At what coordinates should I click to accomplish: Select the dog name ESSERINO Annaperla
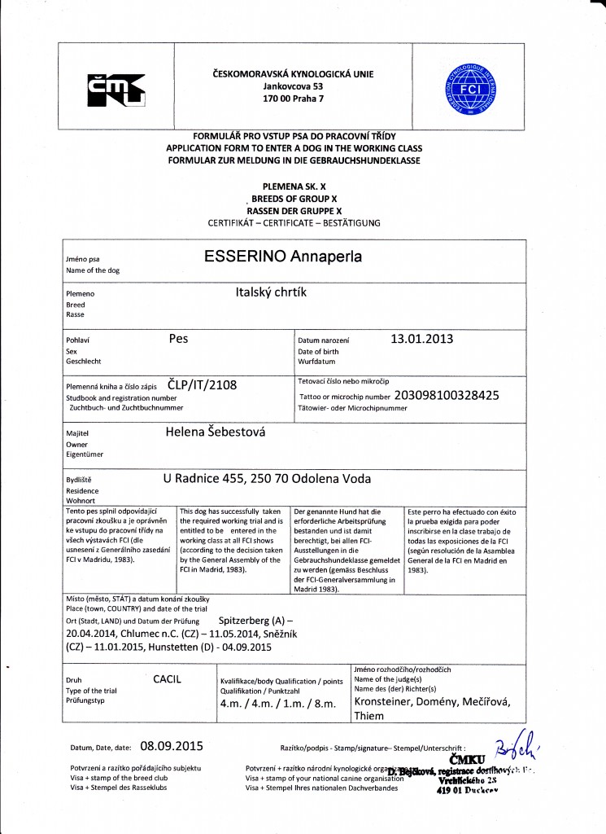[x=283, y=257]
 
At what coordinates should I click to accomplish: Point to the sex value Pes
[x=178, y=338]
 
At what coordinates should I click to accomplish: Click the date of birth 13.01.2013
[x=422, y=338]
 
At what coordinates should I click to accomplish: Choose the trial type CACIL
[x=167, y=678]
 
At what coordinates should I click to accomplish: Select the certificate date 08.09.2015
[x=171, y=744]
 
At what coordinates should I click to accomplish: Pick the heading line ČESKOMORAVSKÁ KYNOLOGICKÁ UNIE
[x=292, y=73]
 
